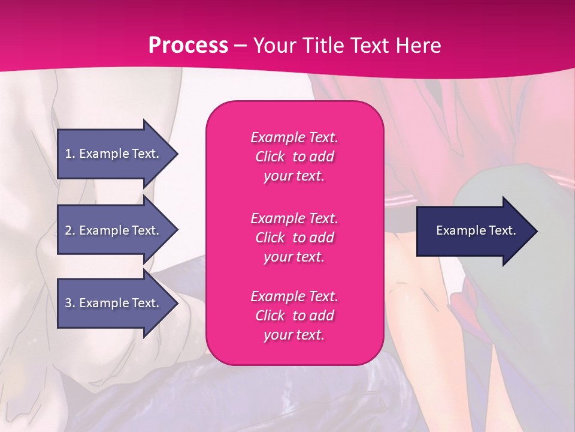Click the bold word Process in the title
[x=188, y=46]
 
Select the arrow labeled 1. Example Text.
[x=114, y=154]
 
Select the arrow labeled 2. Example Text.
[x=114, y=230]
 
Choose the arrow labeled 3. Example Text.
[x=114, y=303]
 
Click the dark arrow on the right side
[x=473, y=230]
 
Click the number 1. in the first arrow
[x=70, y=154]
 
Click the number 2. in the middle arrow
[x=70, y=230]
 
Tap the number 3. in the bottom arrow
[x=70, y=303]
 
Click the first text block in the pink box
[x=294, y=157]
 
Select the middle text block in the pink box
[x=294, y=238]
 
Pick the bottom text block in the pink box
[x=294, y=316]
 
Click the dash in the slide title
[x=240, y=46]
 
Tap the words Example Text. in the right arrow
[x=476, y=230]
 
